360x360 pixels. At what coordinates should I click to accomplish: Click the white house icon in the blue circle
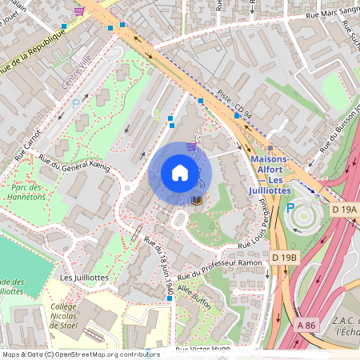coord(180,173)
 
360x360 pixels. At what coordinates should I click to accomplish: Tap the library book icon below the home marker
coord(197,199)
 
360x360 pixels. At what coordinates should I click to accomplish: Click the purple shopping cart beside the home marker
coord(190,146)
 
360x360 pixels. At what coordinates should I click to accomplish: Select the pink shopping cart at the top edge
coord(78,11)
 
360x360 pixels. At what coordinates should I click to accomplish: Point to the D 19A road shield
coord(343,209)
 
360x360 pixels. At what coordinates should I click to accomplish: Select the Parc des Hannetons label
coord(27,190)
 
